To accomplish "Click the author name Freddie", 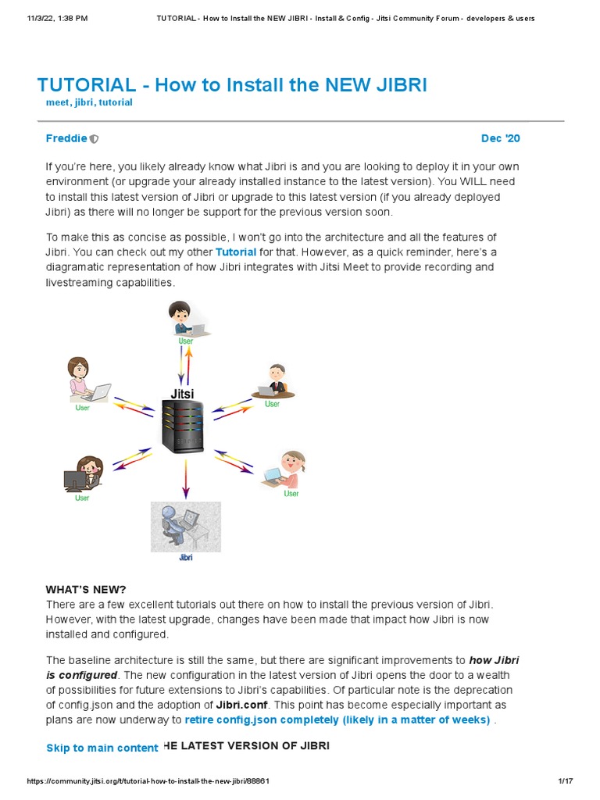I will (x=66, y=138).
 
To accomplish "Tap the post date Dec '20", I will (x=500, y=138).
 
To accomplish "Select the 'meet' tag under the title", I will (x=59, y=102).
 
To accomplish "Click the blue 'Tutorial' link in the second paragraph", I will (x=236, y=252).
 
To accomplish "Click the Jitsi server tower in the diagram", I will (x=184, y=426).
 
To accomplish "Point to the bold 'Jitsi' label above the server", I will (x=182, y=394).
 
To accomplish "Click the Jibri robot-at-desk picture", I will (x=185, y=527).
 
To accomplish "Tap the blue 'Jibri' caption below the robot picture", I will (x=185, y=558).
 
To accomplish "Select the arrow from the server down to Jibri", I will (x=185, y=478).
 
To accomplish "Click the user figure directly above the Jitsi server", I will (x=187, y=320).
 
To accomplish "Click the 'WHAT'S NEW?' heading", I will (x=86, y=589).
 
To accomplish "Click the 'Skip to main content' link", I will (x=102, y=748).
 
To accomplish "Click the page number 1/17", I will (x=566, y=781).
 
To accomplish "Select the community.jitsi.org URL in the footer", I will (x=148, y=781).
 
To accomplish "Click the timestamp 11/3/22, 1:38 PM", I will (x=46, y=18).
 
